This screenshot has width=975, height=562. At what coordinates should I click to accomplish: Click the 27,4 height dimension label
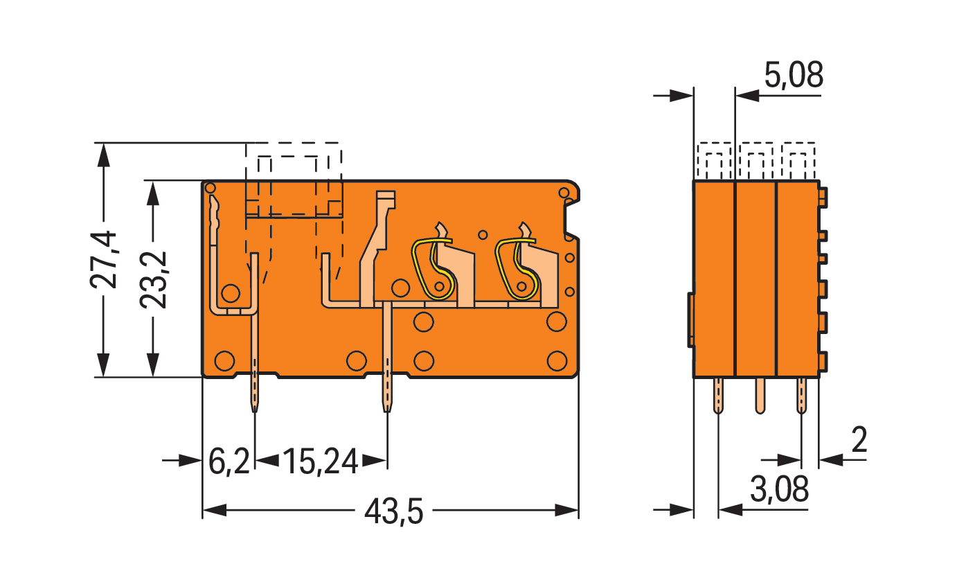point(103,260)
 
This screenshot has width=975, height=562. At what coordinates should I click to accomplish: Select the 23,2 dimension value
point(153,280)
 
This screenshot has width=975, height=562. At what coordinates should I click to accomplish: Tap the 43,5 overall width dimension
point(393,512)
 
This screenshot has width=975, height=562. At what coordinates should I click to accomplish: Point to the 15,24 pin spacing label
point(321,462)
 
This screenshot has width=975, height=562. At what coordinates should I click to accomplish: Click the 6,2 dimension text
point(229,462)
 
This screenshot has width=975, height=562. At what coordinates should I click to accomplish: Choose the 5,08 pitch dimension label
point(794,75)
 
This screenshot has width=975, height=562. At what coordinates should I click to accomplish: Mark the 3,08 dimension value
point(779,489)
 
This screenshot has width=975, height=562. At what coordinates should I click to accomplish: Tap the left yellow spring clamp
point(433,270)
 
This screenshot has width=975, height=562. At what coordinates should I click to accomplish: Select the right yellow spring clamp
point(517,270)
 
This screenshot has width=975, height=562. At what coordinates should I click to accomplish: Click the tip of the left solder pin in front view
point(255,412)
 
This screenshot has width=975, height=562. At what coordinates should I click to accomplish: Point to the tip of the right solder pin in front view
point(387,412)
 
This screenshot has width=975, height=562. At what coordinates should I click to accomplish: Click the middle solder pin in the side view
point(760,396)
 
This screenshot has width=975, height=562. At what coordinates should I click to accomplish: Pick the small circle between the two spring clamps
point(482,235)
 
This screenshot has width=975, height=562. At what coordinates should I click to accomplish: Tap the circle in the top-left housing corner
point(211,188)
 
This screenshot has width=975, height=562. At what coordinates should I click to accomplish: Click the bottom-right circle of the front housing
point(557,361)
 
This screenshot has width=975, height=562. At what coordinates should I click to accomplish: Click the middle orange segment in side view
point(755,279)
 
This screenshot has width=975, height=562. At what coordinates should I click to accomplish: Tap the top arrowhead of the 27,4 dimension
point(103,155)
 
